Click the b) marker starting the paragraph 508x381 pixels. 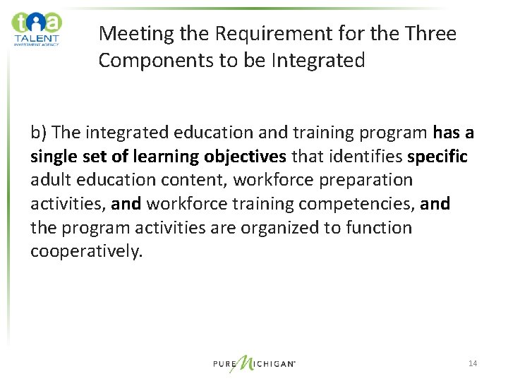pos(39,133)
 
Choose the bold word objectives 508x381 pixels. pos(243,157)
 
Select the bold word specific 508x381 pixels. pos(437,157)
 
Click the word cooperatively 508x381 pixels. pos(86,252)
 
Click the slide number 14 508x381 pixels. pos(472,363)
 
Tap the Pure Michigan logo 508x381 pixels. pos(254,363)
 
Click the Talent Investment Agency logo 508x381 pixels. pos(37,29)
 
